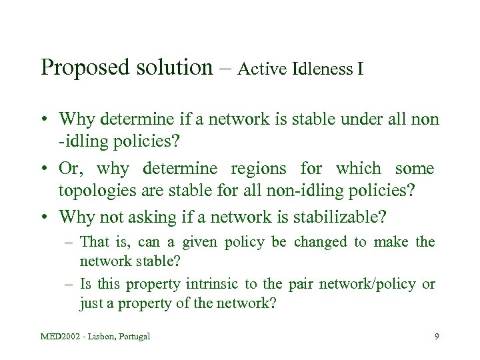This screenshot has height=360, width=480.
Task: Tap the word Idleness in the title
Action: click(323, 69)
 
